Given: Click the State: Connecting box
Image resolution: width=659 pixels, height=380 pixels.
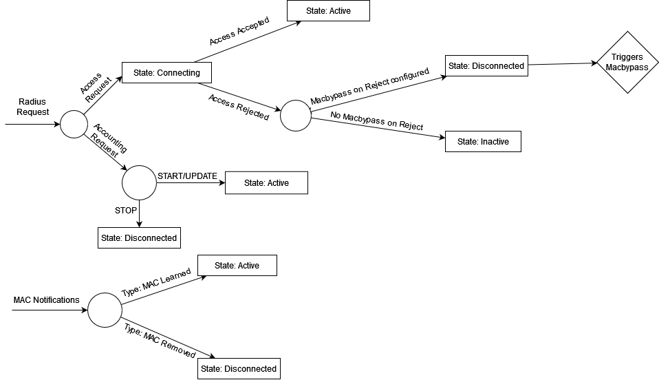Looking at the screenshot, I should (x=166, y=72).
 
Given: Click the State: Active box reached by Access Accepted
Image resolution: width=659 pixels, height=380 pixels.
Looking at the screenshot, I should (x=328, y=11).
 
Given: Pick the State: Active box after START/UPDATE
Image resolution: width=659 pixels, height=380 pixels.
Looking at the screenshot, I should (x=266, y=183).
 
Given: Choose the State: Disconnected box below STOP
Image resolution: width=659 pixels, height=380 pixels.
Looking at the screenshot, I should (x=139, y=237).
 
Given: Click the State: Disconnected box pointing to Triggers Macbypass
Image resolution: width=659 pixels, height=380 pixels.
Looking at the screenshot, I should (x=486, y=66).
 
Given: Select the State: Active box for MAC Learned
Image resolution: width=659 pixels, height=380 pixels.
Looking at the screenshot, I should (x=237, y=265).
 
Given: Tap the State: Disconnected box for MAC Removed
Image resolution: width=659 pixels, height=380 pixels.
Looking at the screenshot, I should (x=239, y=368).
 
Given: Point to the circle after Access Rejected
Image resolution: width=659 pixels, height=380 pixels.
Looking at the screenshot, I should (x=296, y=116).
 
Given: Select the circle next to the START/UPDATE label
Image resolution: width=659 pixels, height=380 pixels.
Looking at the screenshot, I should (x=139, y=182).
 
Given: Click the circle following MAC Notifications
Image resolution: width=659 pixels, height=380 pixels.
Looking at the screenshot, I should (x=105, y=310).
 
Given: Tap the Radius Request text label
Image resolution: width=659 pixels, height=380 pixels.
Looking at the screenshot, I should (x=32, y=106).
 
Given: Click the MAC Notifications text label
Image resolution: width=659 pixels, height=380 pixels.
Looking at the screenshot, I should (x=46, y=300).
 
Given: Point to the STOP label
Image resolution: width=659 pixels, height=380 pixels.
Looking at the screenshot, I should (x=126, y=210).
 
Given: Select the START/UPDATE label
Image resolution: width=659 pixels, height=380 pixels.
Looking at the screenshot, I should (x=187, y=176).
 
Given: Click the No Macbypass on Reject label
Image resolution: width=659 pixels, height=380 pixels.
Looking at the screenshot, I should (x=376, y=121).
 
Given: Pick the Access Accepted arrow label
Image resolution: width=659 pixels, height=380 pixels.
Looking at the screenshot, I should (x=239, y=31).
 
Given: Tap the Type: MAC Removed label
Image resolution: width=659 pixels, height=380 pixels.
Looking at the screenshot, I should (x=160, y=341).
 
